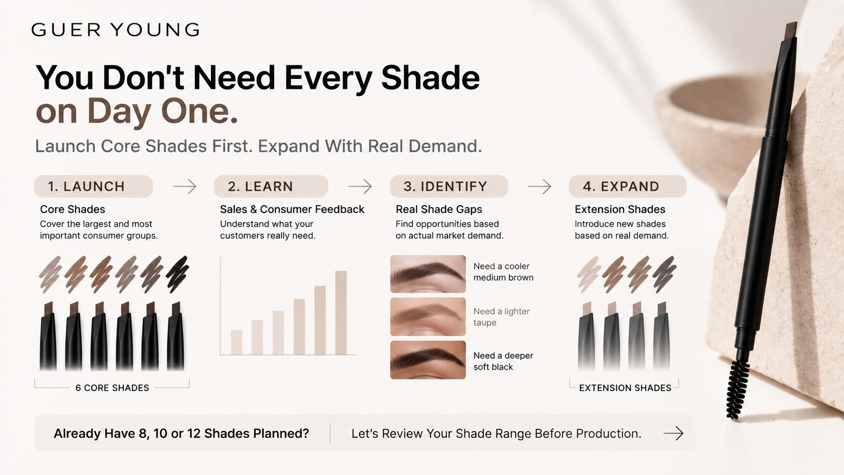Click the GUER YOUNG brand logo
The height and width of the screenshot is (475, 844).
click(x=115, y=30)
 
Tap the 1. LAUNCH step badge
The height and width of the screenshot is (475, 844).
click(x=93, y=186)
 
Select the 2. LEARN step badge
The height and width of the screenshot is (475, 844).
click(x=271, y=186)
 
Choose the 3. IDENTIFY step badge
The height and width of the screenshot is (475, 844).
click(x=449, y=186)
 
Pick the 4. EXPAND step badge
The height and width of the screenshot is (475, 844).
click(x=627, y=186)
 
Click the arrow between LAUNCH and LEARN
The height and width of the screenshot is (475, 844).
click(x=185, y=186)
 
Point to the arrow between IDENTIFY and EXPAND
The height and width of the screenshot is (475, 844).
click(x=540, y=186)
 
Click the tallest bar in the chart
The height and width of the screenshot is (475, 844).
click(x=341, y=312)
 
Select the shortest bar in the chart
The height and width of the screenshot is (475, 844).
click(x=237, y=342)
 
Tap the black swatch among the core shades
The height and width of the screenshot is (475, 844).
click(x=177, y=274)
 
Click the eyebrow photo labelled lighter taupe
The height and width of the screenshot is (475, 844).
click(x=428, y=317)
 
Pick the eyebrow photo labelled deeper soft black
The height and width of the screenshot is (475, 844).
click(x=428, y=360)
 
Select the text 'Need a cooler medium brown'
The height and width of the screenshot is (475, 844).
click(x=503, y=272)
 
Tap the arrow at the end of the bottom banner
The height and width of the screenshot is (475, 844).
click(x=673, y=433)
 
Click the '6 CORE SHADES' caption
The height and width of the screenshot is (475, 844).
click(x=112, y=388)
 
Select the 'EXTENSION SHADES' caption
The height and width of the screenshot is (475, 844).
click(x=625, y=388)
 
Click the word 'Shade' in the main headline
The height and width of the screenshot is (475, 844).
click(x=430, y=78)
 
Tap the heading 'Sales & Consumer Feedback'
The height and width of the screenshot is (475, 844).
click(x=292, y=209)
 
